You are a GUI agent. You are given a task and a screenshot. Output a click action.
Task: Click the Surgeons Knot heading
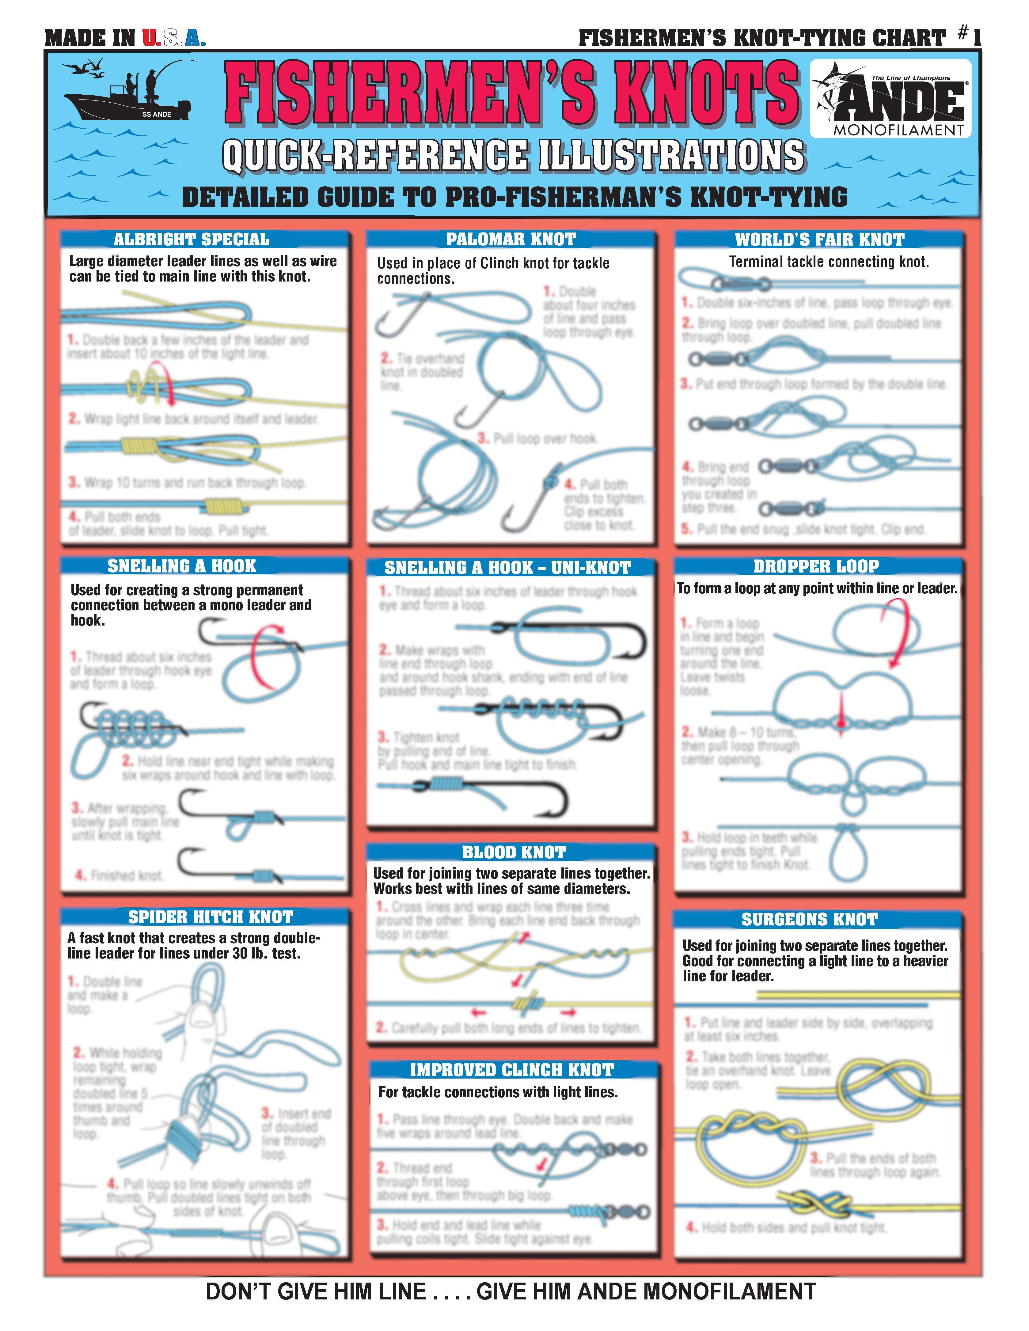(x=809, y=919)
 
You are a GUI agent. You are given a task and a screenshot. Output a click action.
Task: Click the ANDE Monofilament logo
(x=890, y=99)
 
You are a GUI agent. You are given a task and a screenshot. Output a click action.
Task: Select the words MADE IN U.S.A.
(x=125, y=38)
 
